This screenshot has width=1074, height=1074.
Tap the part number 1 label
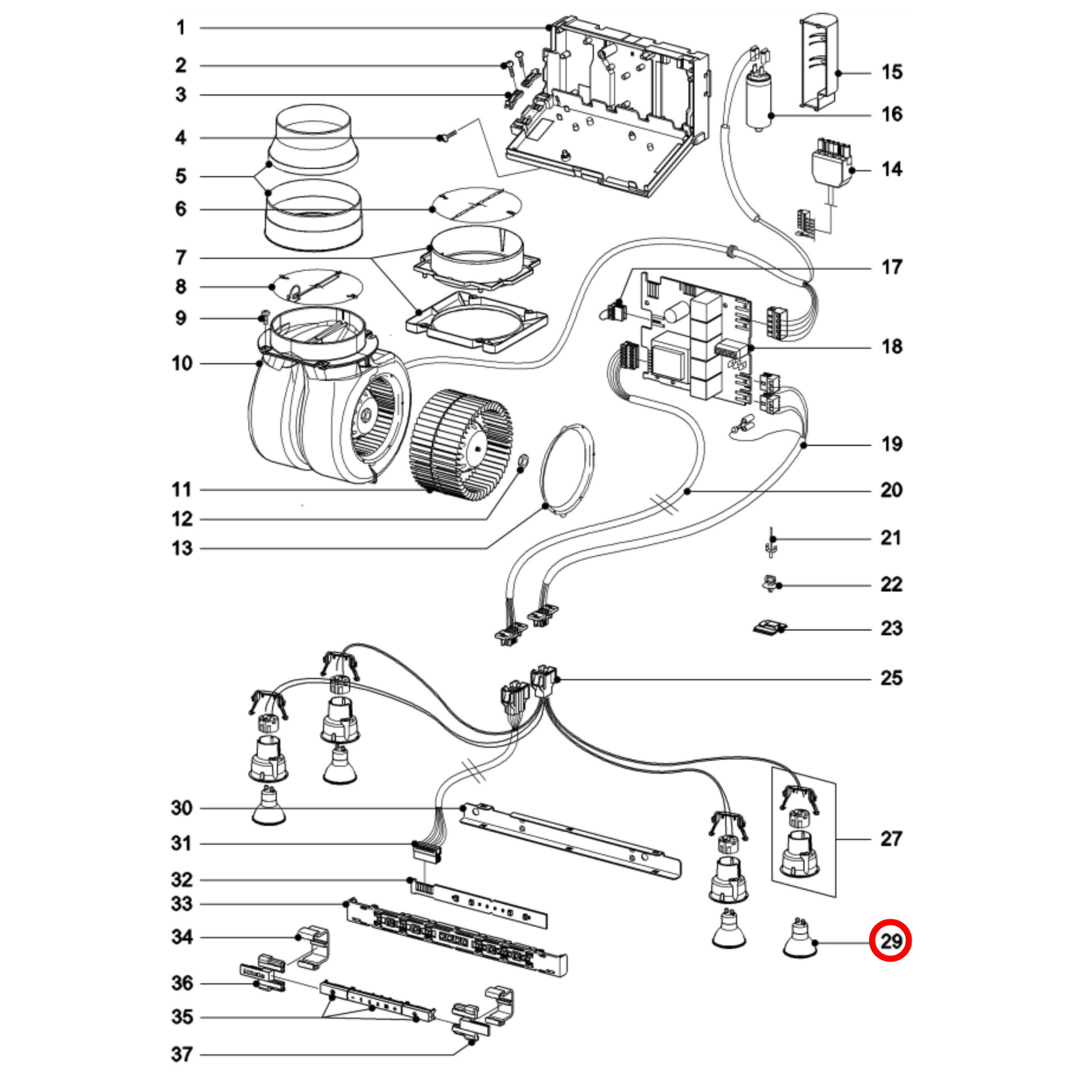[x=180, y=28]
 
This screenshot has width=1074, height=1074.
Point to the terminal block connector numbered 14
[x=832, y=161]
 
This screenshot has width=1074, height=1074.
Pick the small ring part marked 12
[x=523, y=461]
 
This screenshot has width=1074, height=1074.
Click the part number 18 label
[x=892, y=347]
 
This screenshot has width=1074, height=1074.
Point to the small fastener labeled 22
[x=770, y=584]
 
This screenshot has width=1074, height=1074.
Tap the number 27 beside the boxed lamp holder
[x=891, y=838]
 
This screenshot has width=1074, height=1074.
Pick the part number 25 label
[x=891, y=678]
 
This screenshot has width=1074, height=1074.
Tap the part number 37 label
[x=181, y=1054]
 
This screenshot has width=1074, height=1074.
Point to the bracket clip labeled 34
[x=314, y=945]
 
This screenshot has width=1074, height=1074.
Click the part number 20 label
[x=891, y=490]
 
